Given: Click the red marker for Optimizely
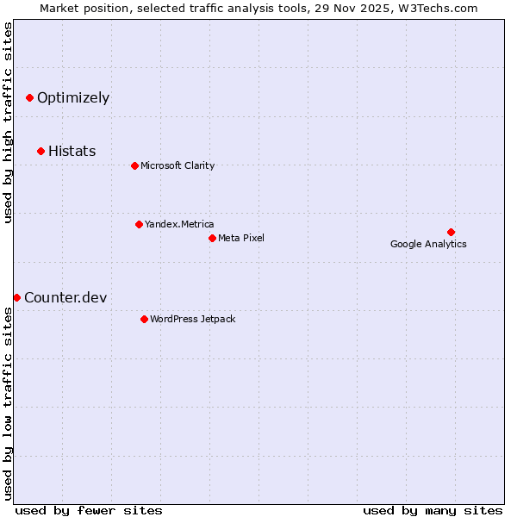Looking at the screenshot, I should [x=29, y=98].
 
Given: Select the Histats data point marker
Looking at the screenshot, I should [x=40, y=152].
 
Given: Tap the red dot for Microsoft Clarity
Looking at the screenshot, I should [x=134, y=165].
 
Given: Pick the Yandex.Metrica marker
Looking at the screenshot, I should [x=139, y=224].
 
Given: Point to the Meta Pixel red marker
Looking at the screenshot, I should [x=212, y=238].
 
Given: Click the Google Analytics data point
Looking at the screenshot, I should [x=451, y=232].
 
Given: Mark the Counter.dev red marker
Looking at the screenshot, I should [x=16, y=297].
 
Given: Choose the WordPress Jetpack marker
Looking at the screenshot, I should [x=144, y=319].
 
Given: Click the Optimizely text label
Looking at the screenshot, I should [x=73, y=98].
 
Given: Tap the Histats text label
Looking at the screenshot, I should [x=72, y=152].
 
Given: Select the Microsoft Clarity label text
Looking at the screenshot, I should [x=178, y=165].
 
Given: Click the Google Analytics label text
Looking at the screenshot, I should [x=428, y=244].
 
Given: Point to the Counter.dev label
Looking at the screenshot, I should [x=65, y=298].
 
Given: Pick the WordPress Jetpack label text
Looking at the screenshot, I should [x=192, y=319].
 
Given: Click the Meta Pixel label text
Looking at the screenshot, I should [x=241, y=238].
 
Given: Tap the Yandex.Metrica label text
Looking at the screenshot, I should [x=179, y=224].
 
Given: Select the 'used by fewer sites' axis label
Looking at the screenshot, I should [x=89, y=510].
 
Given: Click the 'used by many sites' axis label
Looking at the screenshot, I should [x=433, y=510].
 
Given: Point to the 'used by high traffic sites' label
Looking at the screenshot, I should [x=8, y=122].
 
